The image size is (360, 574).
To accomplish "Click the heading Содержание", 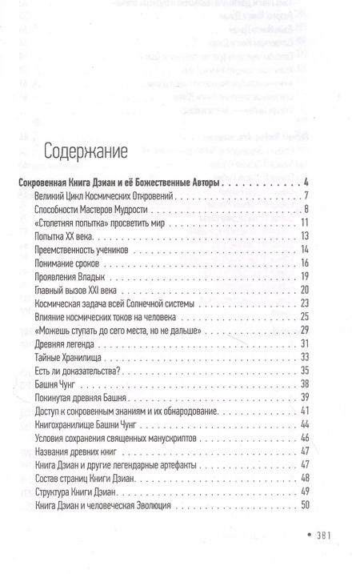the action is click(81, 152).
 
